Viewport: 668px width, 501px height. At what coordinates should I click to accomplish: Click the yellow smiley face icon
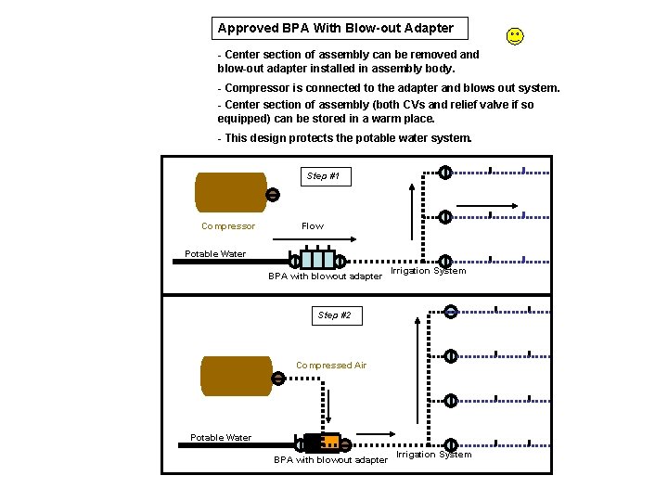pyautogui.click(x=515, y=36)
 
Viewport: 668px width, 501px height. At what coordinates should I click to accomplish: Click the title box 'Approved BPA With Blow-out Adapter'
pyautogui.click(x=338, y=28)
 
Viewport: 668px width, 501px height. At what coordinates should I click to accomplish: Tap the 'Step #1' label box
pyautogui.click(x=323, y=175)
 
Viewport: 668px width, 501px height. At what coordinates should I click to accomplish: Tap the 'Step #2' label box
pyautogui.click(x=334, y=315)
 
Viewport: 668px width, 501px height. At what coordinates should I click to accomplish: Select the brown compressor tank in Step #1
pyautogui.click(x=230, y=192)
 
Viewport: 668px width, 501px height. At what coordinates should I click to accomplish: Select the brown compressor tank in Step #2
pyautogui.click(x=236, y=376)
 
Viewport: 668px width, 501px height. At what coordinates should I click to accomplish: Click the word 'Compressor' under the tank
pyautogui.click(x=228, y=226)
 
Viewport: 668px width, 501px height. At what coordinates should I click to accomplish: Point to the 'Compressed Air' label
pyautogui.click(x=331, y=366)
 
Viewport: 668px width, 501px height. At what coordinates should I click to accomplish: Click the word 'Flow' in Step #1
pyautogui.click(x=313, y=226)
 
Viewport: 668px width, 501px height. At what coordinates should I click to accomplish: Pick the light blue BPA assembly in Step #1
pyautogui.click(x=317, y=260)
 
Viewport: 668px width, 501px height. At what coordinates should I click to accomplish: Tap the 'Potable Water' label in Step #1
pyautogui.click(x=215, y=254)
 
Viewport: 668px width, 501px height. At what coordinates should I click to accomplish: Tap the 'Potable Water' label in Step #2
pyautogui.click(x=221, y=438)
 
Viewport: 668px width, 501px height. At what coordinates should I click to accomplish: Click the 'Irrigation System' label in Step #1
pyautogui.click(x=428, y=271)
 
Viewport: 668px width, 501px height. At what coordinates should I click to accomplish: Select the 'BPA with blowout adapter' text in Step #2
pyautogui.click(x=330, y=460)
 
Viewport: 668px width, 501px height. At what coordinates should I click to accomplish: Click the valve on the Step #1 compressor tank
pyautogui.click(x=273, y=195)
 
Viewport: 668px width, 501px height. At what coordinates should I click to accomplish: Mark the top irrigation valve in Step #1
pyautogui.click(x=445, y=172)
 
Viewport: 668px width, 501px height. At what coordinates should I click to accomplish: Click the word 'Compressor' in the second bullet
pyautogui.click(x=256, y=88)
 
